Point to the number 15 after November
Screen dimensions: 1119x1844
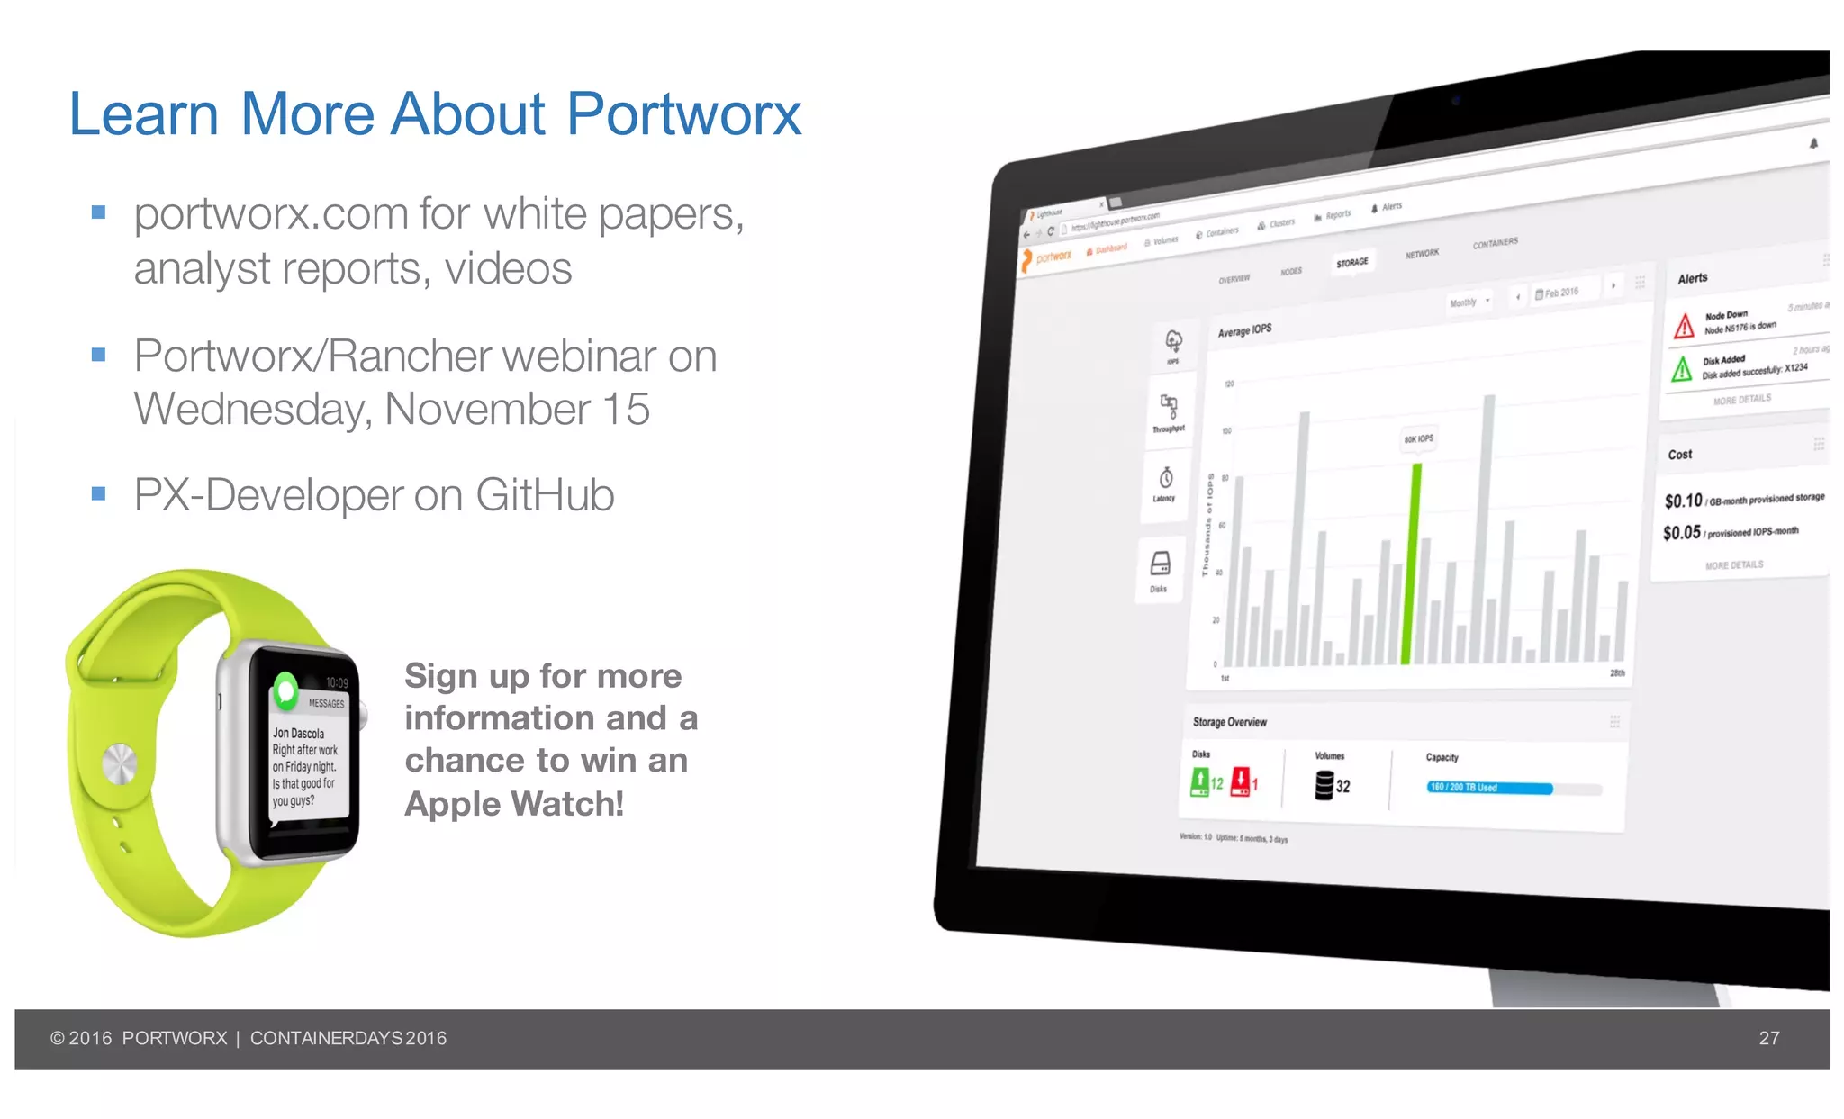tap(625, 410)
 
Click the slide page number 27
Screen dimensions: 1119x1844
tap(1768, 1038)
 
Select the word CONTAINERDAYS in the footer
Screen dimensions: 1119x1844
tap(326, 1038)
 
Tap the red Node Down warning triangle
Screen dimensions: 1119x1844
tap(1684, 325)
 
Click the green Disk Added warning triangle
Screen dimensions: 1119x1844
tap(1681, 368)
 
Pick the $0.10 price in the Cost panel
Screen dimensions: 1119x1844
tap(1683, 501)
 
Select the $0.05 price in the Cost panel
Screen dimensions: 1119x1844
tap(1681, 533)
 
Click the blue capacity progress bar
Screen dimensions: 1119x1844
tap(1490, 788)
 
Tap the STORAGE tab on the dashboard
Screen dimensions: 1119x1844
tap(1351, 263)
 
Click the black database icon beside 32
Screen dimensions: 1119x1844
tap(1324, 785)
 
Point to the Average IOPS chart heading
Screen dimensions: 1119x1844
tap(1244, 330)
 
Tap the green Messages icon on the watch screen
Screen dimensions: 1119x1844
tap(286, 690)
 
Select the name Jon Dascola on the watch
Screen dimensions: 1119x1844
tap(298, 733)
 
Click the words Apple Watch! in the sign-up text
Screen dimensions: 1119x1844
tap(513, 804)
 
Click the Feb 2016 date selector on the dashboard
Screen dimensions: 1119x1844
tap(1557, 293)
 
